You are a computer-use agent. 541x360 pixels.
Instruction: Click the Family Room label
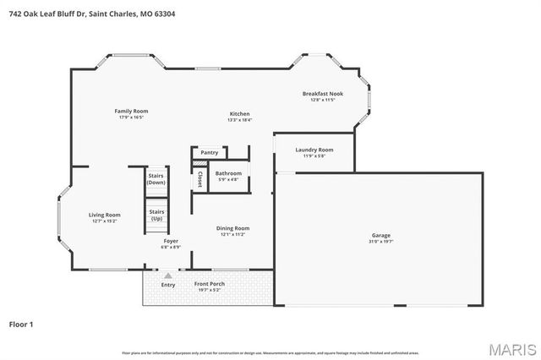[x=131, y=111]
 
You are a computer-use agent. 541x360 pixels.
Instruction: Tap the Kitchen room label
[x=239, y=113]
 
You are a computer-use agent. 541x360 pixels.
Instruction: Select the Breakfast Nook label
[x=323, y=93]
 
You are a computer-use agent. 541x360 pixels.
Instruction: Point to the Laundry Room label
[x=314, y=150]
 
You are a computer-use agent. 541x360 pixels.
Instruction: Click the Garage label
[x=381, y=235]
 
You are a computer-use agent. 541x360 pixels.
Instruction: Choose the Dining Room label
[x=232, y=227]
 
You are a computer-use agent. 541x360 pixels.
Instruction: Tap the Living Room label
[x=105, y=215]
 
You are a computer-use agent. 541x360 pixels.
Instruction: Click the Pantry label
[x=210, y=153]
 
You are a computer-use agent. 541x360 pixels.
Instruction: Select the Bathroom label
[x=228, y=173]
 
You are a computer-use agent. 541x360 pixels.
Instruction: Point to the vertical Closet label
[x=199, y=179]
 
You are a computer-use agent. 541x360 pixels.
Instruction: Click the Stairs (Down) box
[x=156, y=179]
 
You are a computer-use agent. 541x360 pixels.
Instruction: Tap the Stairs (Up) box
[x=156, y=215]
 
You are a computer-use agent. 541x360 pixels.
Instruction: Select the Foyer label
[x=171, y=241]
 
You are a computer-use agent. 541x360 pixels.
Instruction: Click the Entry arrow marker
[x=168, y=275]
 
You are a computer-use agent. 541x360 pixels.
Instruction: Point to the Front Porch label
[x=209, y=284]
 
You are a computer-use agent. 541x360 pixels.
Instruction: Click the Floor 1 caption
[x=21, y=324]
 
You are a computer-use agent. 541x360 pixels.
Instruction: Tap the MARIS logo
[x=512, y=348]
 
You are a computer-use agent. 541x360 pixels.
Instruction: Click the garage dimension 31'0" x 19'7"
[x=381, y=242]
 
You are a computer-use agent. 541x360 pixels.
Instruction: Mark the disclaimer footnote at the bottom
[x=270, y=352]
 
